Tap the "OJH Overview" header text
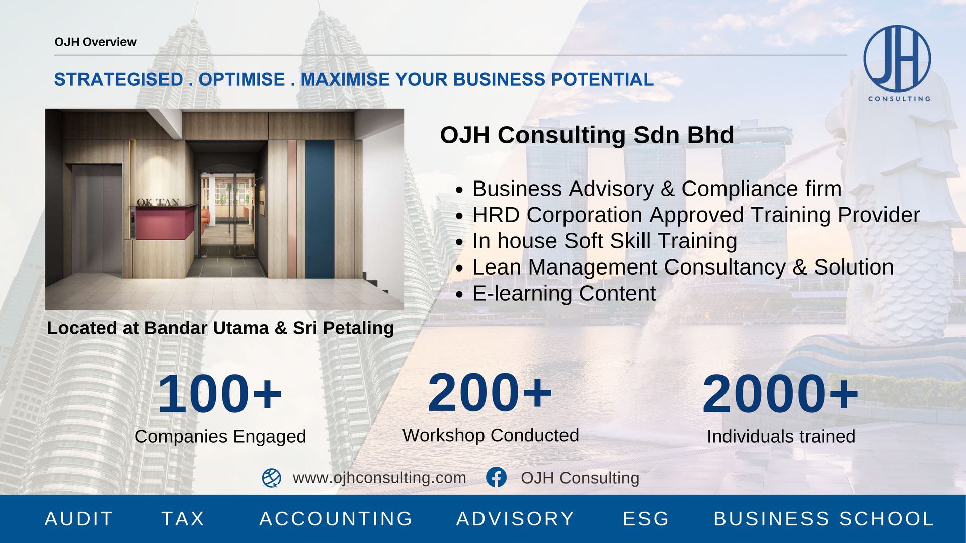(x=96, y=42)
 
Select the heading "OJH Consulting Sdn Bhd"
(x=587, y=135)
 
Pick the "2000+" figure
(x=780, y=394)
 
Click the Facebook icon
(x=496, y=477)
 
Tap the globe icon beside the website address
(x=272, y=478)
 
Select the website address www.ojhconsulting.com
(x=379, y=477)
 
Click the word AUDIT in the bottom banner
(x=79, y=519)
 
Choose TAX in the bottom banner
(x=183, y=519)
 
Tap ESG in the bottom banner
(x=646, y=519)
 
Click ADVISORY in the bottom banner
(x=515, y=519)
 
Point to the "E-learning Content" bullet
(x=564, y=293)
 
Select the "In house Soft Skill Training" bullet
(x=605, y=241)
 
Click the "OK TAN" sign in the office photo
(x=158, y=202)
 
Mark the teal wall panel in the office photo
(x=320, y=209)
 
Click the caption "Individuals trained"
(x=781, y=436)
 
